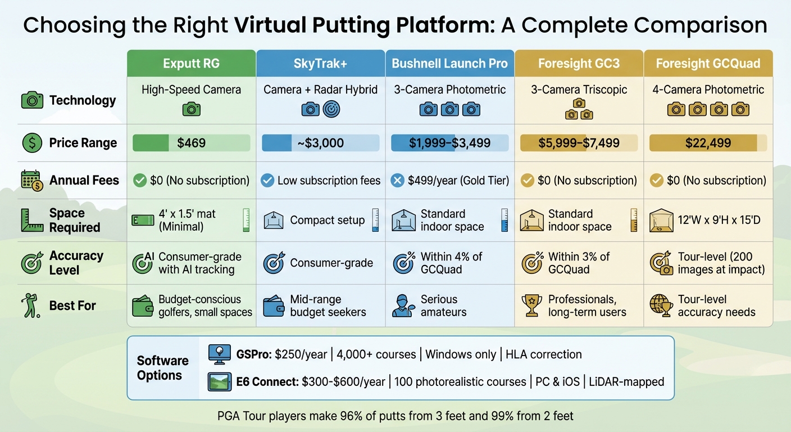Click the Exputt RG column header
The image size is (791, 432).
click(191, 63)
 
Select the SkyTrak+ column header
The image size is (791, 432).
click(320, 63)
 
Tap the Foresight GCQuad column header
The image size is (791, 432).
click(708, 63)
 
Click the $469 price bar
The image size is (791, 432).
click(191, 143)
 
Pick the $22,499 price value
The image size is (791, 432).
click(708, 143)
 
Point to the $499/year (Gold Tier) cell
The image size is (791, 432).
click(458, 181)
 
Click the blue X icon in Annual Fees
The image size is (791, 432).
click(398, 181)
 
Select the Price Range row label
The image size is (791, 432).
click(83, 143)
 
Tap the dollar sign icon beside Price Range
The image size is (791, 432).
click(32, 143)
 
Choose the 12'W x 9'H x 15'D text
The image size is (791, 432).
click(720, 220)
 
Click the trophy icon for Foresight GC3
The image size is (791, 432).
click(531, 305)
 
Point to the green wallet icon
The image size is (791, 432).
click(143, 306)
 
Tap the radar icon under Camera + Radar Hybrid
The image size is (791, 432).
click(331, 109)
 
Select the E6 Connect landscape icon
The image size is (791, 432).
click(219, 382)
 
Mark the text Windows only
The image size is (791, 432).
click(461, 354)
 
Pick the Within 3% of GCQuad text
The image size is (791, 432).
click(579, 263)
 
